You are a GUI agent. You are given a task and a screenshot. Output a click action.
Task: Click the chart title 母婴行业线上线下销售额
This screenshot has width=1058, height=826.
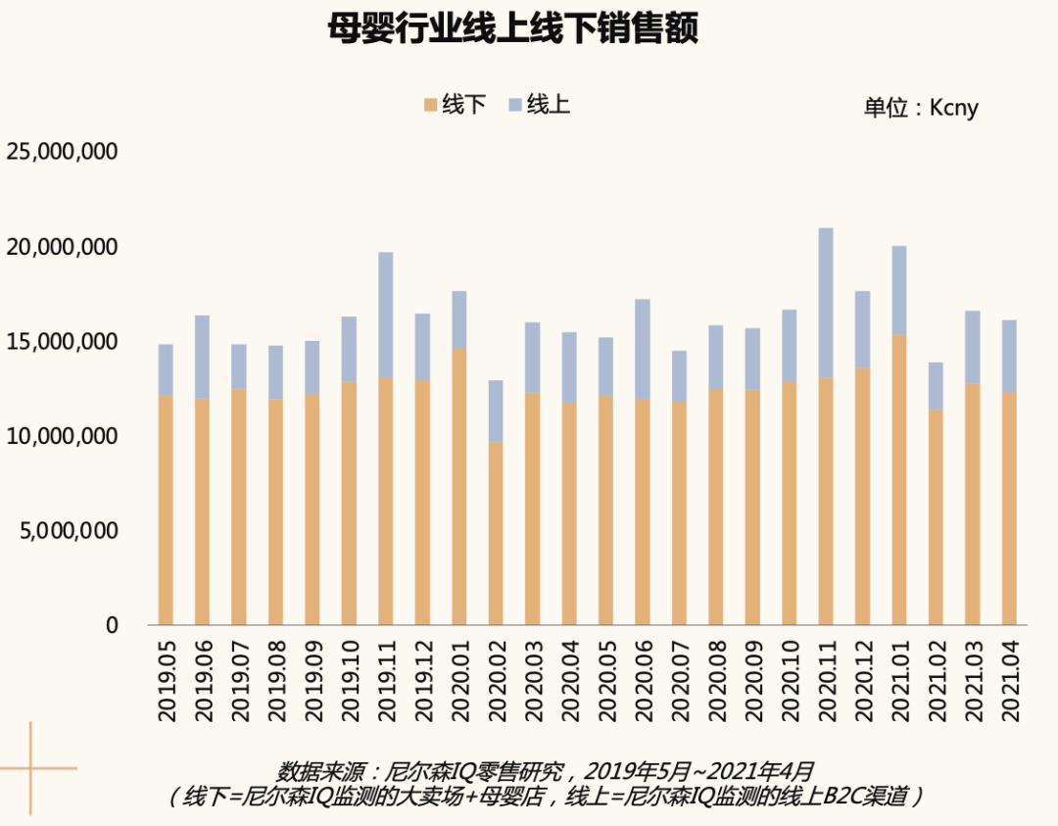tap(512, 28)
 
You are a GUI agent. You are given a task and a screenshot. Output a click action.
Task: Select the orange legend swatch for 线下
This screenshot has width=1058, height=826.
tap(430, 105)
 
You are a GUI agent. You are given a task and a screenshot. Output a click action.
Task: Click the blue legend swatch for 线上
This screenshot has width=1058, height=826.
tap(515, 105)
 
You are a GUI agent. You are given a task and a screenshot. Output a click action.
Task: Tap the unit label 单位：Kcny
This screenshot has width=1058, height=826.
tap(921, 108)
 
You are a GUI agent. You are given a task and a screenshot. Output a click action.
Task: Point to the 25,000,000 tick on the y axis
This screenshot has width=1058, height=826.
tap(62, 151)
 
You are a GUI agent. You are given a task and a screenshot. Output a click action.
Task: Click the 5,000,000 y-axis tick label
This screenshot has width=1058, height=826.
tap(69, 531)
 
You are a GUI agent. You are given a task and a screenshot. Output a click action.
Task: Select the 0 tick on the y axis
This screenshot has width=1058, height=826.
tap(112, 625)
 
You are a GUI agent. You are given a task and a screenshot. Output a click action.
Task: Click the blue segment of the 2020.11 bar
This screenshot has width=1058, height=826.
tap(826, 303)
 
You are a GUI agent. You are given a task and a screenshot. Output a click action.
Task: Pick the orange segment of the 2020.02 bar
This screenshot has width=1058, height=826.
tap(496, 533)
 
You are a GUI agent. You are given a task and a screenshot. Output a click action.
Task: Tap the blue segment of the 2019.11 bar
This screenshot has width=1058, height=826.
tap(386, 316)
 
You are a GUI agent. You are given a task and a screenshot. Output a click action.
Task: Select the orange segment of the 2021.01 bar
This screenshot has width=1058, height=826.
tap(898, 480)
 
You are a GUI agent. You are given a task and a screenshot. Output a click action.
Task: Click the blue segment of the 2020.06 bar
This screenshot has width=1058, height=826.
tap(643, 350)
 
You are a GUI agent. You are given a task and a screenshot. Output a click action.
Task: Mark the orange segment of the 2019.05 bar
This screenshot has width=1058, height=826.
tap(166, 510)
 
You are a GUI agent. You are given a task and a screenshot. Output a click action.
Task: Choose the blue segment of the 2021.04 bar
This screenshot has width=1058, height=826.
tap(1009, 357)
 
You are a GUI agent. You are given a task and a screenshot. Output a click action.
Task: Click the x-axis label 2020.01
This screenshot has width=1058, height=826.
tap(459, 681)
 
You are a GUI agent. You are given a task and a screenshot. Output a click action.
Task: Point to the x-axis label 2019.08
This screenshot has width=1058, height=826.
tap(276, 681)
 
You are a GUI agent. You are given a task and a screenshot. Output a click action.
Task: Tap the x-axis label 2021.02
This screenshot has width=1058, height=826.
tap(936, 681)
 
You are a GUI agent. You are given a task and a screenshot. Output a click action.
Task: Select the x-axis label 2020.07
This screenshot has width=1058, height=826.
tap(680, 681)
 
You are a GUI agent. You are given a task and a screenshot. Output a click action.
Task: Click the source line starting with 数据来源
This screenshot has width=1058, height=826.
tap(546, 771)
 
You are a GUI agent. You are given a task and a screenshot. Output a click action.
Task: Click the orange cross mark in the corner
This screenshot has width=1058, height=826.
tap(31, 768)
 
